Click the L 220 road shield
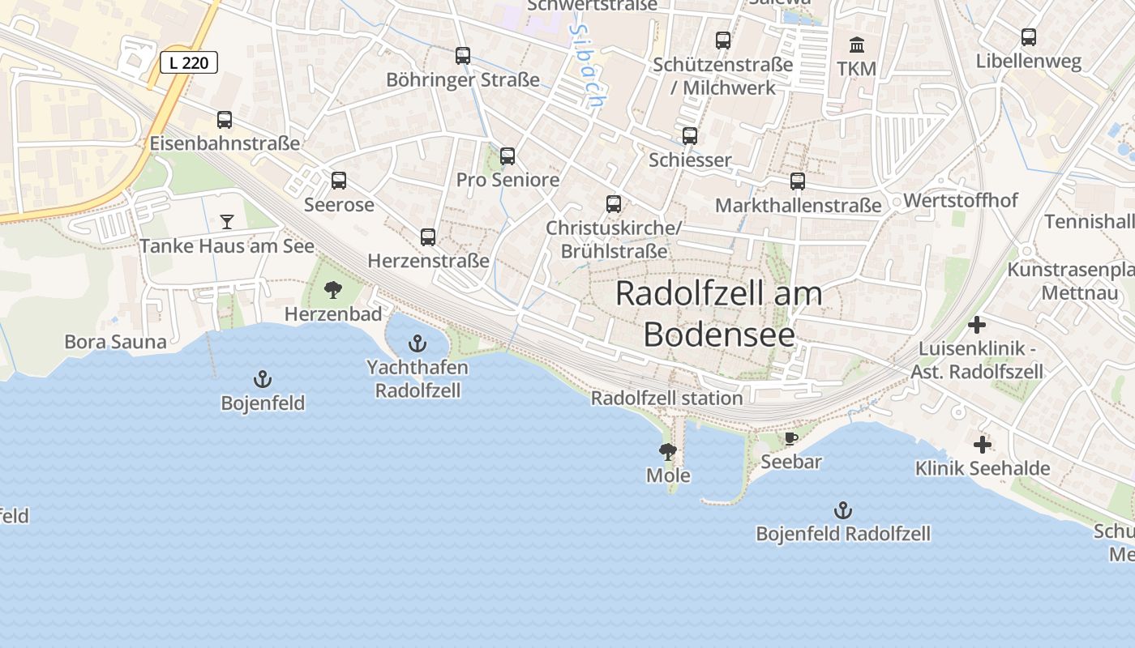click(189, 62)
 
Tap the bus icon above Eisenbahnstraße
click(225, 120)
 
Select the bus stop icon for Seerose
click(339, 181)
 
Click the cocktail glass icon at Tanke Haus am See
click(226, 221)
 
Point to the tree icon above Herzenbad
click(332, 290)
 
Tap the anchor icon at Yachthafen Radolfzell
click(417, 343)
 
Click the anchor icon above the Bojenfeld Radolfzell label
click(843, 510)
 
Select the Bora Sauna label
click(115, 342)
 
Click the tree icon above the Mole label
click(668, 452)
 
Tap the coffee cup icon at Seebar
click(790, 438)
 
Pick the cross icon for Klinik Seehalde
click(982, 445)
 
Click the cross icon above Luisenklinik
click(977, 325)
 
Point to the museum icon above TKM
click(857, 45)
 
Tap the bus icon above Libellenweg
click(1028, 37)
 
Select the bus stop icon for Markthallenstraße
click(798, 181)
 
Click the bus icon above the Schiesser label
click(690, 136)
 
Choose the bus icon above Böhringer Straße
click(463, 56)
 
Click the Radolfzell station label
click(666, 399)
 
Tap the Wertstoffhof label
click(960, 200)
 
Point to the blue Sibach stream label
click(587, 66)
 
